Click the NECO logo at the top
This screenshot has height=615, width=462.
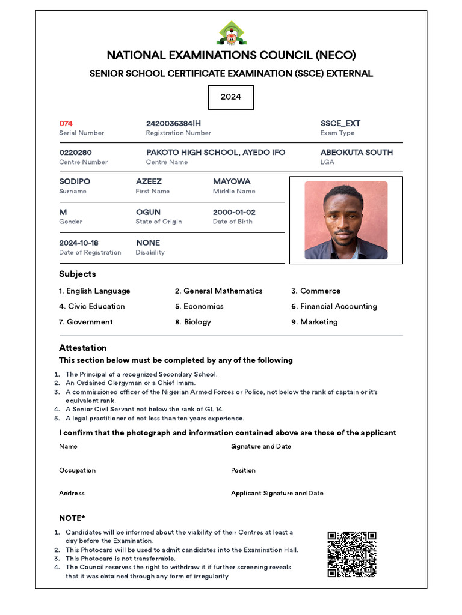tap(231, 34)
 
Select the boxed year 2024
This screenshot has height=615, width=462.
tap(231, 97)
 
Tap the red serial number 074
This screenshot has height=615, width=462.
tap(66, 123)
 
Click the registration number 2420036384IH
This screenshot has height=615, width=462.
tap(173, 123)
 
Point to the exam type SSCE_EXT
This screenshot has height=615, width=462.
tap(340, 123)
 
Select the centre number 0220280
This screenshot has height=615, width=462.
tap(75, 153)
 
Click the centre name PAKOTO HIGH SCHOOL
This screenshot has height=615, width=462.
tap(215, 153)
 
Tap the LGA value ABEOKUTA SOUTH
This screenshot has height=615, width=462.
tap(356, 153)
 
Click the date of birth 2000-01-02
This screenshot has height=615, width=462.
tap(234, 213)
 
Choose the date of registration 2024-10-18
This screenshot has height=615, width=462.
tap(79, 243)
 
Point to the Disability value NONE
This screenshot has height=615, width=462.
tap(148, 243)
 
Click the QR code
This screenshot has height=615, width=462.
tap(352, 554)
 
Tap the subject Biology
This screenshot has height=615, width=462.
tap(197, 322)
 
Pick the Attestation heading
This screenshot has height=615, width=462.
tap(83, 348)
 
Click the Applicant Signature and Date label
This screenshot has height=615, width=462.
tap(277, 493)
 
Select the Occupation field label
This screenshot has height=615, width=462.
tap(77, 470)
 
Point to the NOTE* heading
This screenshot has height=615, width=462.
tap(72, 518)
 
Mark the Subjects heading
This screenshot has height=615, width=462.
tap(78, 274)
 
